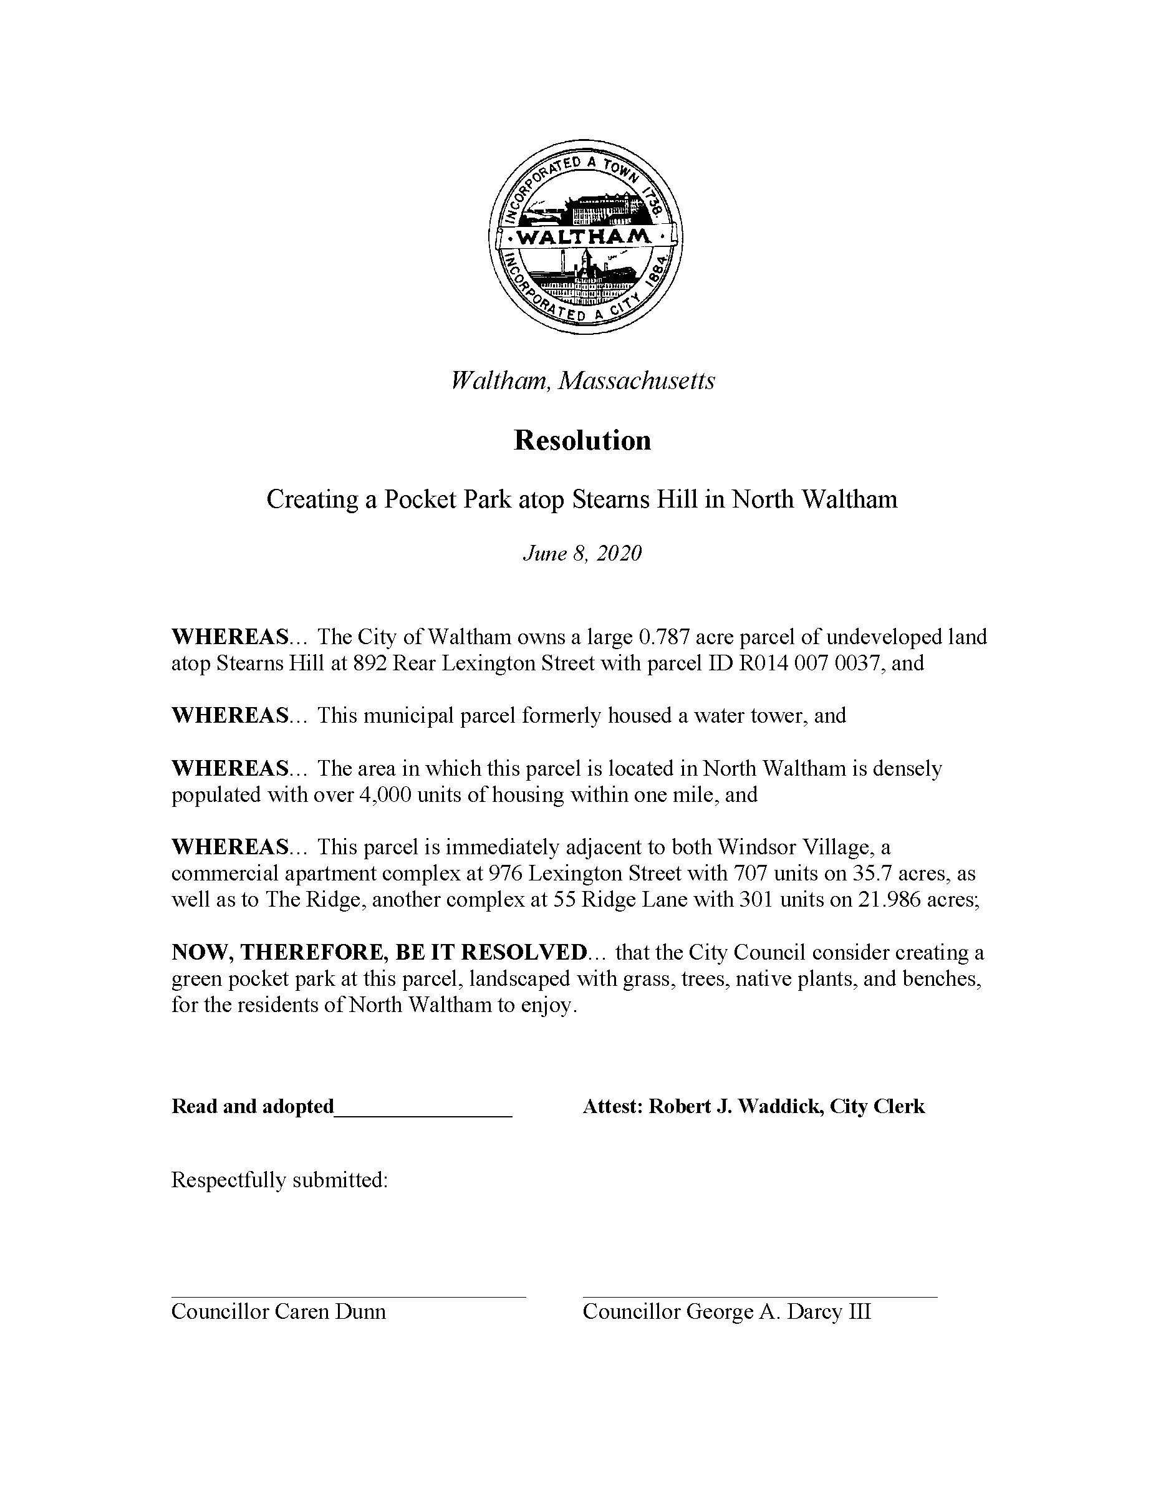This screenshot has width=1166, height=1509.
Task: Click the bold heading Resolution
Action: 582,441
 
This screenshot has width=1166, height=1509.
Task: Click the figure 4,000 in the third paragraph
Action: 378,794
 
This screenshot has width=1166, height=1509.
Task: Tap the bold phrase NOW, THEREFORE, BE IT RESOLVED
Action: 379,953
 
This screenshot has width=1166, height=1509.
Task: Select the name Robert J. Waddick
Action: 735,1107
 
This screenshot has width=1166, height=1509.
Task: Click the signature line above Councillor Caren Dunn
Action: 348,1297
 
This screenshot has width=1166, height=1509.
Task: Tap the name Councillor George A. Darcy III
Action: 726,1312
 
